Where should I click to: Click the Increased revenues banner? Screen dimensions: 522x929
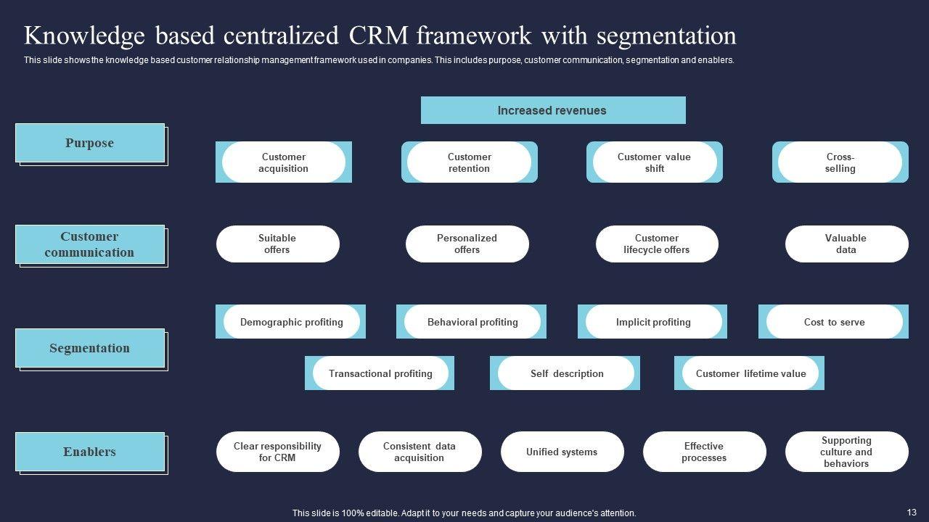[552, 110]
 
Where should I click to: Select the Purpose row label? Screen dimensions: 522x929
[90, 143]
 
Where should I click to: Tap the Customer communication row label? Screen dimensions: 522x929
[90, 244]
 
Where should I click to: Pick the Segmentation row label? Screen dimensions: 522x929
[90, 348]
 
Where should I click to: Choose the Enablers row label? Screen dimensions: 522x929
[90, 452]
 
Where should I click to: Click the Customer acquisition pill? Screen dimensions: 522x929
[284, 162]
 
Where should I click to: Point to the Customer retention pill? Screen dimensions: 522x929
[469, 162]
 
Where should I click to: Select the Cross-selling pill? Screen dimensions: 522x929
[840, 162]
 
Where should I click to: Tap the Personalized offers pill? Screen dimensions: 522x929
[467, 244]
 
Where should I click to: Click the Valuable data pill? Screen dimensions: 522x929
[846, 244]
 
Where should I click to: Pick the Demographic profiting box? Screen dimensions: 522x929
[291, 322]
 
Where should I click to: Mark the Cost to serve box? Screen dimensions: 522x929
[834, 322]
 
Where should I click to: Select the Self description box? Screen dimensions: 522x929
[566, 373]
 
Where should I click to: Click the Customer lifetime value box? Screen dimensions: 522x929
[750, 373]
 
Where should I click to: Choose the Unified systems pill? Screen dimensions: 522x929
[562, 452]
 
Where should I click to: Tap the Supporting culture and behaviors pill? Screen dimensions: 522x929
[846, 452]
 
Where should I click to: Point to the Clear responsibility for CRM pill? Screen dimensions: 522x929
[277, 452]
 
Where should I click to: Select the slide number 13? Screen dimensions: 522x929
[912, 512]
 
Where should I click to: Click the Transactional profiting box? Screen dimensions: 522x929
[380, 373]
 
